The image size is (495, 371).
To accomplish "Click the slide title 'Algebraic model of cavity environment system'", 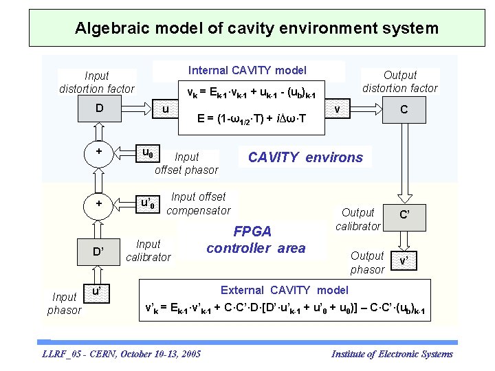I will tap(256, 28).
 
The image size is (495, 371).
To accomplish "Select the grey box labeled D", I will tap(100, 109).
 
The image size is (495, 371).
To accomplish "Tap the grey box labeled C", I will tap(404, 109).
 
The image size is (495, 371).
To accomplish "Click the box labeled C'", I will tap(405, 214).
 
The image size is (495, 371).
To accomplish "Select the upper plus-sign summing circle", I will tap(100, 151).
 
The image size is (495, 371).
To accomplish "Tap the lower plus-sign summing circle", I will tap(100, 203).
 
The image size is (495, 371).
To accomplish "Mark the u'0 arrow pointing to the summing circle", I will tap(146, 203).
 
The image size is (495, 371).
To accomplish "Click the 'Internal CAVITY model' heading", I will tap(247, 70).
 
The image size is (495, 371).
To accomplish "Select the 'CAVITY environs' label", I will tap(305, 157).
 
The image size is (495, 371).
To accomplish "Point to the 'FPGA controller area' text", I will tap(255, 240).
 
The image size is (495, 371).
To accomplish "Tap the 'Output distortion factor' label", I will tap(399, 81).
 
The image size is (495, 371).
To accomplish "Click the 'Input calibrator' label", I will tap(148, 251).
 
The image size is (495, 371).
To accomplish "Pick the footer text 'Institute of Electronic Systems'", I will tap(392, 354).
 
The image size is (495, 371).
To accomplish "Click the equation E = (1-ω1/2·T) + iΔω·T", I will tap(251, 119).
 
